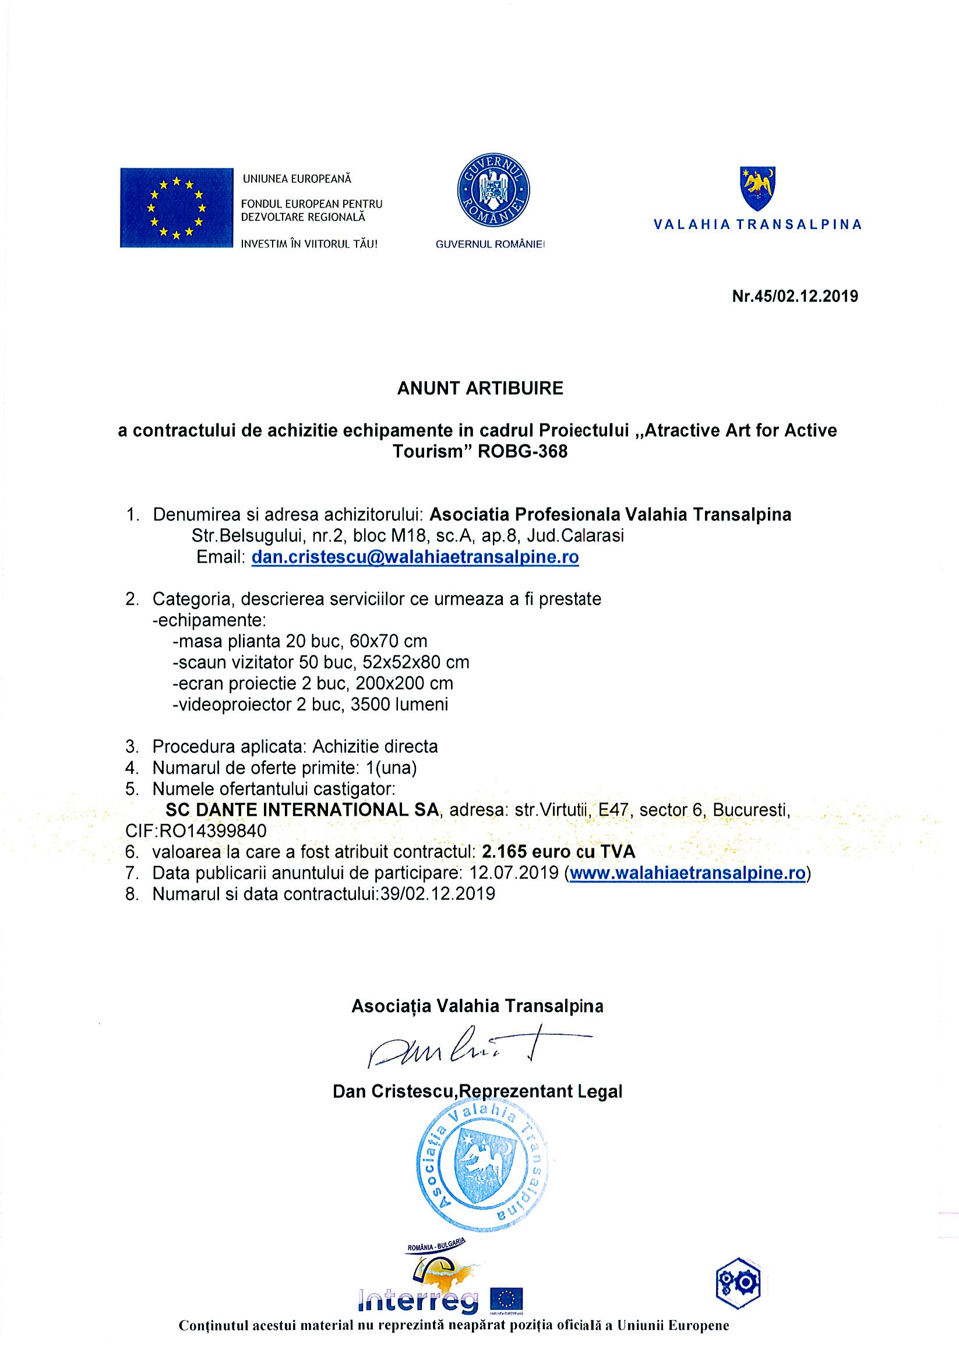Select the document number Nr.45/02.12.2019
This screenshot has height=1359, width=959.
point(795,296)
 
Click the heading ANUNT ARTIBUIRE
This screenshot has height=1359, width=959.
point(480,388)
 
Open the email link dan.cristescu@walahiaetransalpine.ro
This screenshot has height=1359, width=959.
point(415,557)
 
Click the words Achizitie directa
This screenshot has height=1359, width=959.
point(375,746)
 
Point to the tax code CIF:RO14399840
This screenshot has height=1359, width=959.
point(196,830)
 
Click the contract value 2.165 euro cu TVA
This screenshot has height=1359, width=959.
point(559,852)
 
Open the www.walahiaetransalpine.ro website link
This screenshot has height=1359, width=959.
point(687,873)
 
